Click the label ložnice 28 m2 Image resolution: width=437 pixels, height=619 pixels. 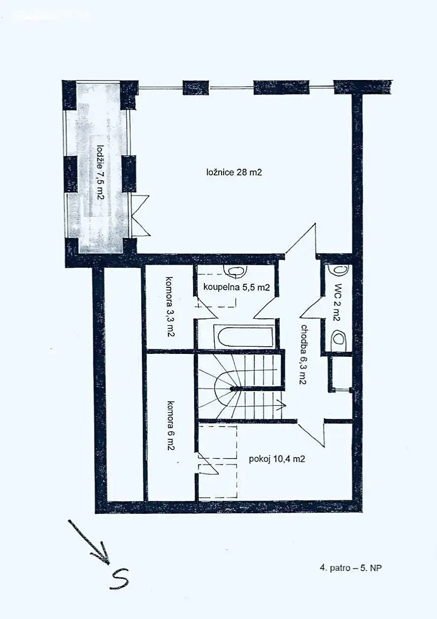pos(234,172)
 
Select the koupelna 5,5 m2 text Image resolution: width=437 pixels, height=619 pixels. pos(237,287)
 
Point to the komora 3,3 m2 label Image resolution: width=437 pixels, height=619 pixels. pos(170,306)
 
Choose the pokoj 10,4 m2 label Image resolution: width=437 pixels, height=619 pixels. pos(277,459)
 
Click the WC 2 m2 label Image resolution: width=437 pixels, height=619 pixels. pos(337,302)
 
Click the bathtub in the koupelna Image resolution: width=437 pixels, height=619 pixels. pos(245,336)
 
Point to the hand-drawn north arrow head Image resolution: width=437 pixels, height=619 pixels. pos(104,550)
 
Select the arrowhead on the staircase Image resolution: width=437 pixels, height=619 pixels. pos(282,405)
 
